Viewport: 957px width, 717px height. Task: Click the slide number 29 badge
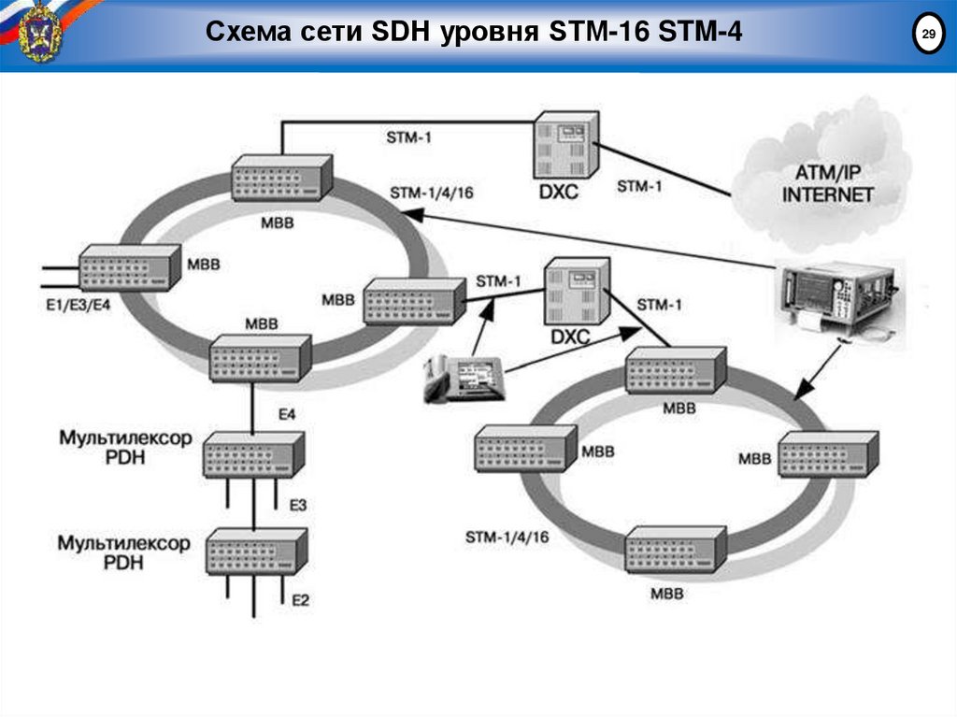pos(928,36)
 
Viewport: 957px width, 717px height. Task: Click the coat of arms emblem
pos(40,32)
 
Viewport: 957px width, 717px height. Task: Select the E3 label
pos(298,505)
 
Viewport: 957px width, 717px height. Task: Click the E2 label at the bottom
pos(300,599)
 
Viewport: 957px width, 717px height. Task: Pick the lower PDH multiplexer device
pos(256,551)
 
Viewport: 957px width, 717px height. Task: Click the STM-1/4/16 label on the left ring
pos(431,193)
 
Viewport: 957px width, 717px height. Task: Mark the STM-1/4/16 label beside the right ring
pos(507,537)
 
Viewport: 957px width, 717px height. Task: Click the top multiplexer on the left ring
pos(279,178)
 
